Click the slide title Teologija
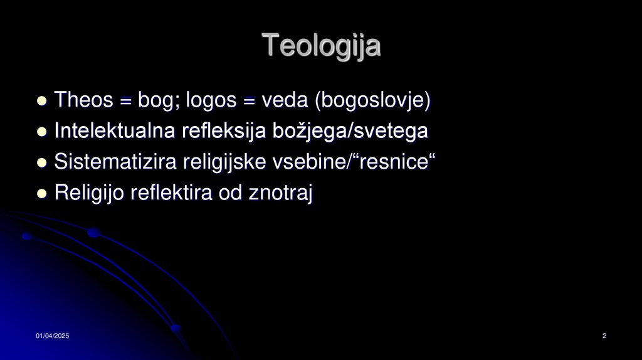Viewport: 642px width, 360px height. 321,46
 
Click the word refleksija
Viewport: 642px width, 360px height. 224,131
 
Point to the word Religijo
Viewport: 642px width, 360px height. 90,193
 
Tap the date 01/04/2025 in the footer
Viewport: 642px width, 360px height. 52,337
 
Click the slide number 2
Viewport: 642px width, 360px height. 604,337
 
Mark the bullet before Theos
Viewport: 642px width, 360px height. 42,101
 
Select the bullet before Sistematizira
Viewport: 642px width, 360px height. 42,163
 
